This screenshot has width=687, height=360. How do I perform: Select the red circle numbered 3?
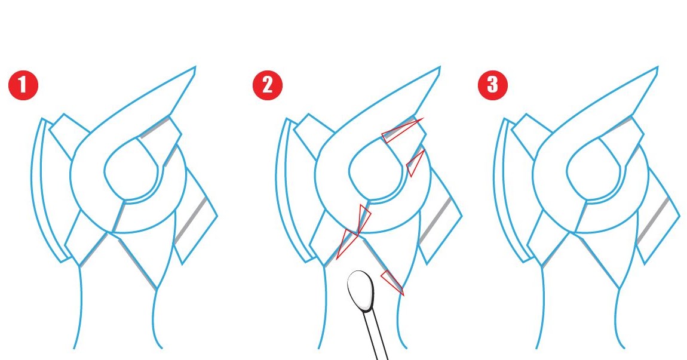click(492, 85)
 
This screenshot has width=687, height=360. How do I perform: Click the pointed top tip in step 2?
click(438, 69)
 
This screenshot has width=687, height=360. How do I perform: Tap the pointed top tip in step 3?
click(656, 69)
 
